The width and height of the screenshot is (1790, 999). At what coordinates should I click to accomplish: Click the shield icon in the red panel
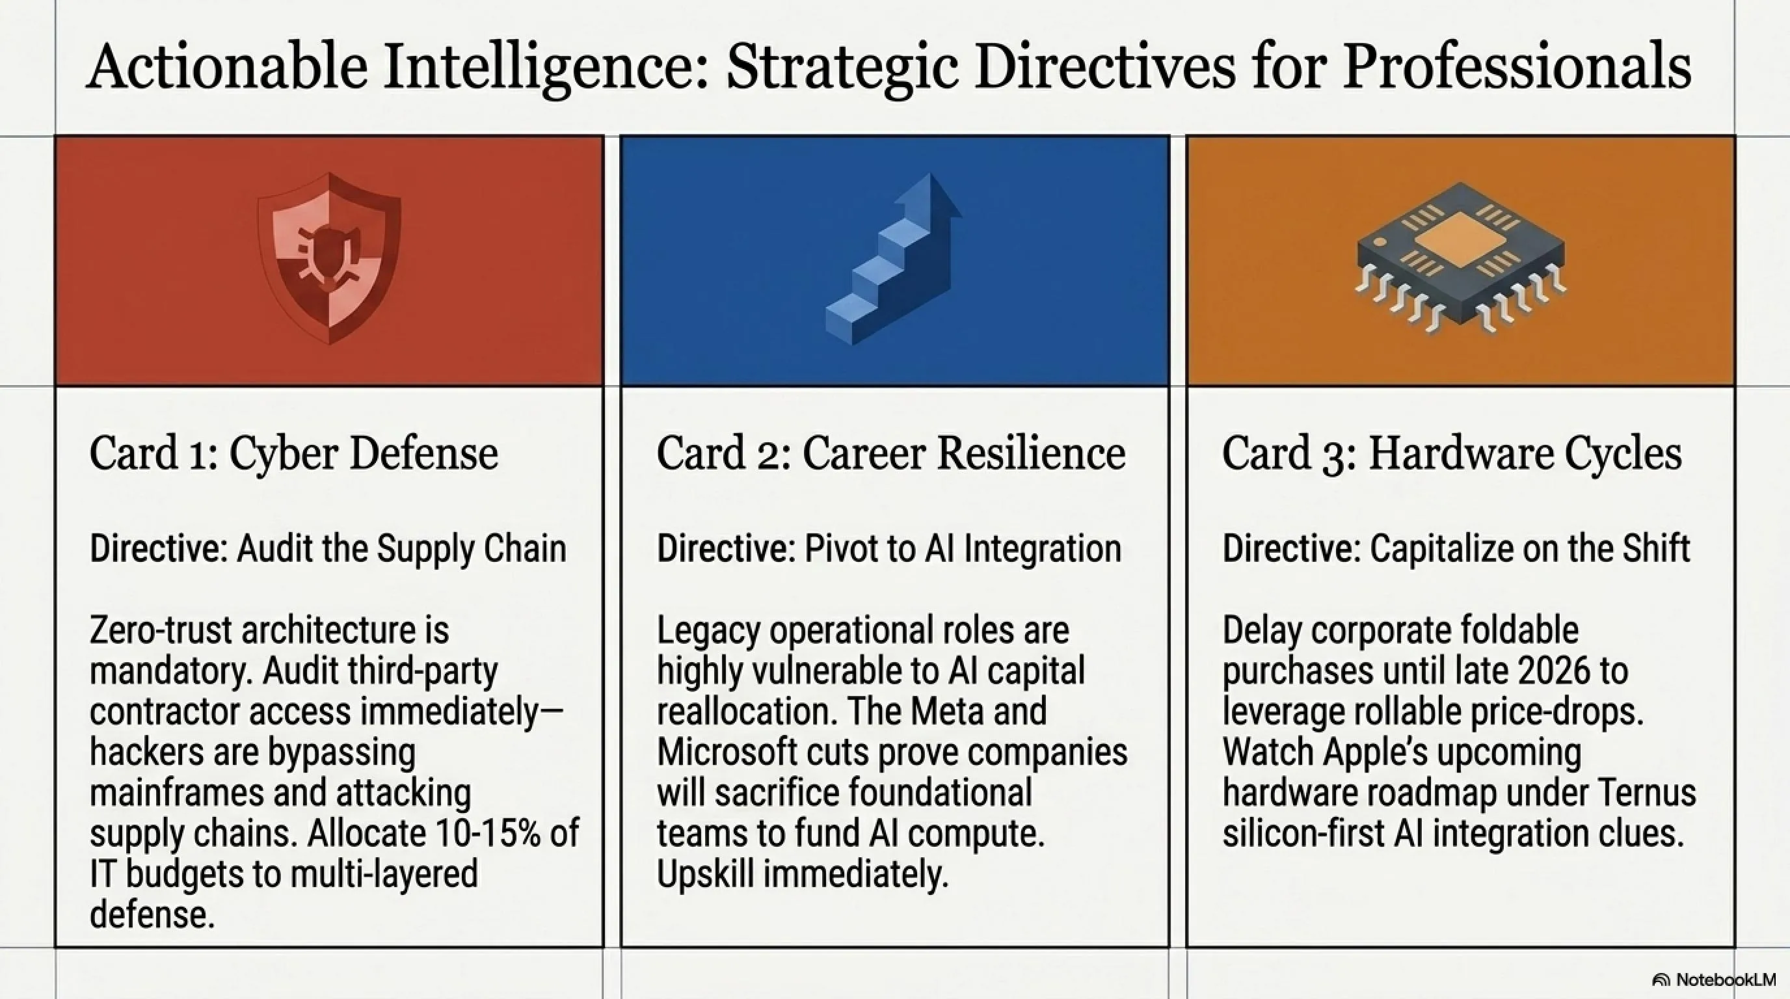click(329, 258)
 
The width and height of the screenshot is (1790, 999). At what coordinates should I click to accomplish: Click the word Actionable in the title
click(227, 67)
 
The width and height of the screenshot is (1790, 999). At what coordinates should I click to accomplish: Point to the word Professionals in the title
click(1516, 67)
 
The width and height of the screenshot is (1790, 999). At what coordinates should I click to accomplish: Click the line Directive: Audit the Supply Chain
click(328, 548)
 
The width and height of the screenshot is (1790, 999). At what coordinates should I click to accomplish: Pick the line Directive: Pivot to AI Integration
click(888, 548)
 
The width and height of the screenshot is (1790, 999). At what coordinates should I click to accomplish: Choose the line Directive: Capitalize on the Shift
click(1456, 548)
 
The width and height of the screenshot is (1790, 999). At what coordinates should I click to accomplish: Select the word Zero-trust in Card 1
click(160, 630)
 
